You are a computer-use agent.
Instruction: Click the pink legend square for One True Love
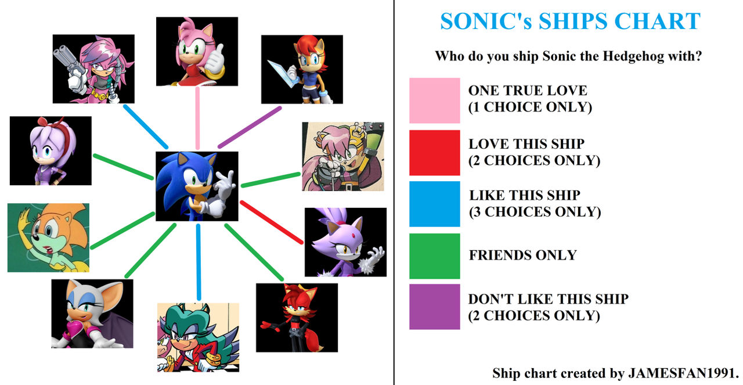click(x=434, y=100)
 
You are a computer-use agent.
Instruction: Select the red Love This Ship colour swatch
click(x=434, y=152)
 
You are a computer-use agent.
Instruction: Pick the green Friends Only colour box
click(x=434, y=256)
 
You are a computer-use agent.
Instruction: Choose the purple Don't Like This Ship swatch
click(x=434, y=307)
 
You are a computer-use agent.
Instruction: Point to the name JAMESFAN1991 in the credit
click(x=683, y=372)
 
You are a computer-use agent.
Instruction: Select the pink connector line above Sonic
click(x=197, y=118)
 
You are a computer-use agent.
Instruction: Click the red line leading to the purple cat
click(x=272, y=222)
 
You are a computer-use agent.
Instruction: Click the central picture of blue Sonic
click(x=197, y=186)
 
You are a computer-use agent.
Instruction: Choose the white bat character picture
click(x=92, y=313)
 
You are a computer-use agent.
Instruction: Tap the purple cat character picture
click(x=345, y=242)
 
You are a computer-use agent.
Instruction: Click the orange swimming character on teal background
click(x=48, y=238)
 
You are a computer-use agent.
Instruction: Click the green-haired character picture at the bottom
click(x=197, y=337)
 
